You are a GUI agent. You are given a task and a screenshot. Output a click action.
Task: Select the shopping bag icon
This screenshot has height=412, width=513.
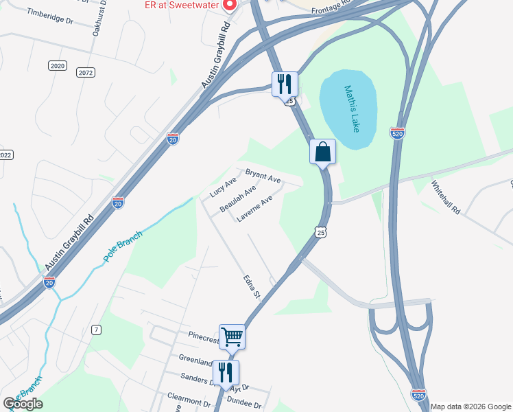click(x=322, y=152)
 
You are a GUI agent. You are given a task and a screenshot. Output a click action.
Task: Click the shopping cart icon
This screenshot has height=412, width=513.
click(x=232, y=336)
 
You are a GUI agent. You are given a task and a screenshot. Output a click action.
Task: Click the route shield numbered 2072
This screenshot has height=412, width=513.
click(x=86, y=71)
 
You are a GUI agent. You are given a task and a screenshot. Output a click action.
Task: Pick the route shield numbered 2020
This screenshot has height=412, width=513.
click(x=58, y=65)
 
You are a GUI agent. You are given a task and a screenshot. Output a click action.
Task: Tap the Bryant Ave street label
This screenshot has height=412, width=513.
click(x=263, y=175)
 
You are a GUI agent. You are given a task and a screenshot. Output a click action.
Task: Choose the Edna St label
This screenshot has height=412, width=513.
click(x=252, y=287)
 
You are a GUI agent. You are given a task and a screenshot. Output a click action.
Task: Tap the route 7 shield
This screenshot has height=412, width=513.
click(x=97, y=330)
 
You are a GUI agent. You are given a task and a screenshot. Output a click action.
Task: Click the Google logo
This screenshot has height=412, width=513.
click(x=23, y=404)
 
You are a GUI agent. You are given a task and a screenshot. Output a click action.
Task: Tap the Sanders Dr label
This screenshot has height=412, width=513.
click(x=198, y=379)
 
